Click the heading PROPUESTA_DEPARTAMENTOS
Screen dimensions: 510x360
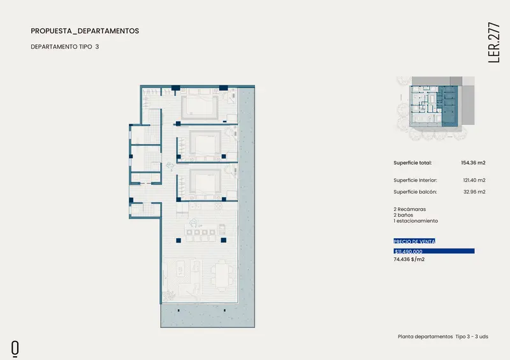(x=85, y=31)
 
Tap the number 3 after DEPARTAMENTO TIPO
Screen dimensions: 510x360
(x=98, y=47)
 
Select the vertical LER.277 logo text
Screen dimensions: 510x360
(x=493, y=43)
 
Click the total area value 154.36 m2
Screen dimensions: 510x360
(x=473, y=162)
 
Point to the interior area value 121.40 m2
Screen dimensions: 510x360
(x=474, y=180)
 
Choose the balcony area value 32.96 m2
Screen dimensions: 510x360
(x=474, y=192)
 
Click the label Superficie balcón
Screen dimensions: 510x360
(x=415, y=192)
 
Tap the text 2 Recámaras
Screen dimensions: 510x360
(x=409, y=209)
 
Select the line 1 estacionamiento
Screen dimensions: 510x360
(x=416, y=221)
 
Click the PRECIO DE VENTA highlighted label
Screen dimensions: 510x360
(x=414, y=241)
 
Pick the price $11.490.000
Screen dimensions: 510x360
(x=409, y=252)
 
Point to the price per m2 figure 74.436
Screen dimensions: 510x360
(x=402, y=259)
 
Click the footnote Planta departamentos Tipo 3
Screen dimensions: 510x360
(x=436, y=336)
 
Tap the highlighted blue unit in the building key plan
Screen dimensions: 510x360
(x=449, y=106)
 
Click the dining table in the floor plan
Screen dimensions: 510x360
(x=222, y=275)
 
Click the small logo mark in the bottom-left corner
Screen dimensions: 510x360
(x=15, y=349)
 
